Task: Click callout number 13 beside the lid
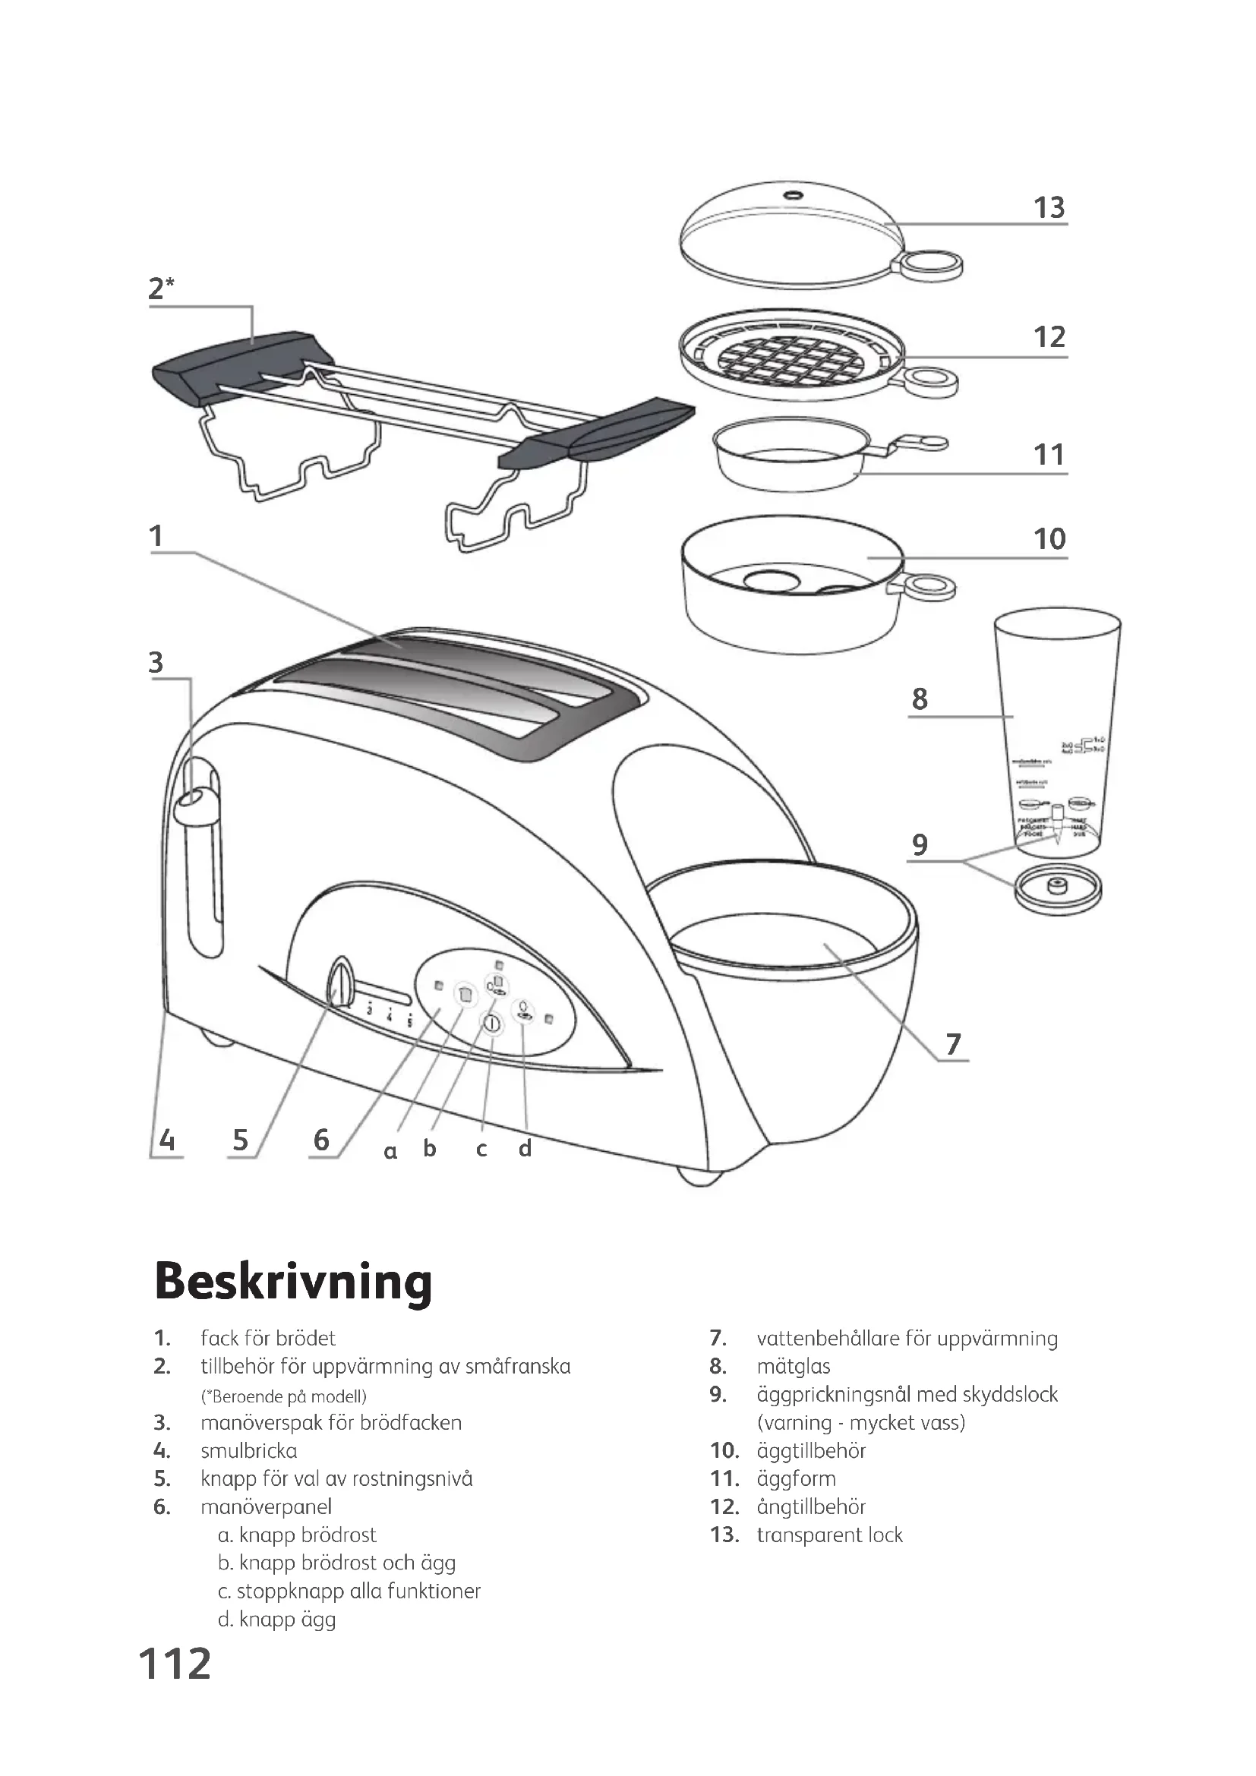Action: coord(1049,207)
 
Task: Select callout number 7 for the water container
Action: coord(953,1044)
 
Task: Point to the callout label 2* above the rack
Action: coord(161,289)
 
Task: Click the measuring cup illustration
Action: coord(1056,735)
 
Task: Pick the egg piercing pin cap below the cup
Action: coord(1056,890)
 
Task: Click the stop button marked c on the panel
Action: coord(491,1024)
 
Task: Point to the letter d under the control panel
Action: coord(525,1149)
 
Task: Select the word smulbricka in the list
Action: coord(248,1450)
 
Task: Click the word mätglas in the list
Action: coord(794,1366)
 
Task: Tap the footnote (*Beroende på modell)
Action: coord(283,1396)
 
